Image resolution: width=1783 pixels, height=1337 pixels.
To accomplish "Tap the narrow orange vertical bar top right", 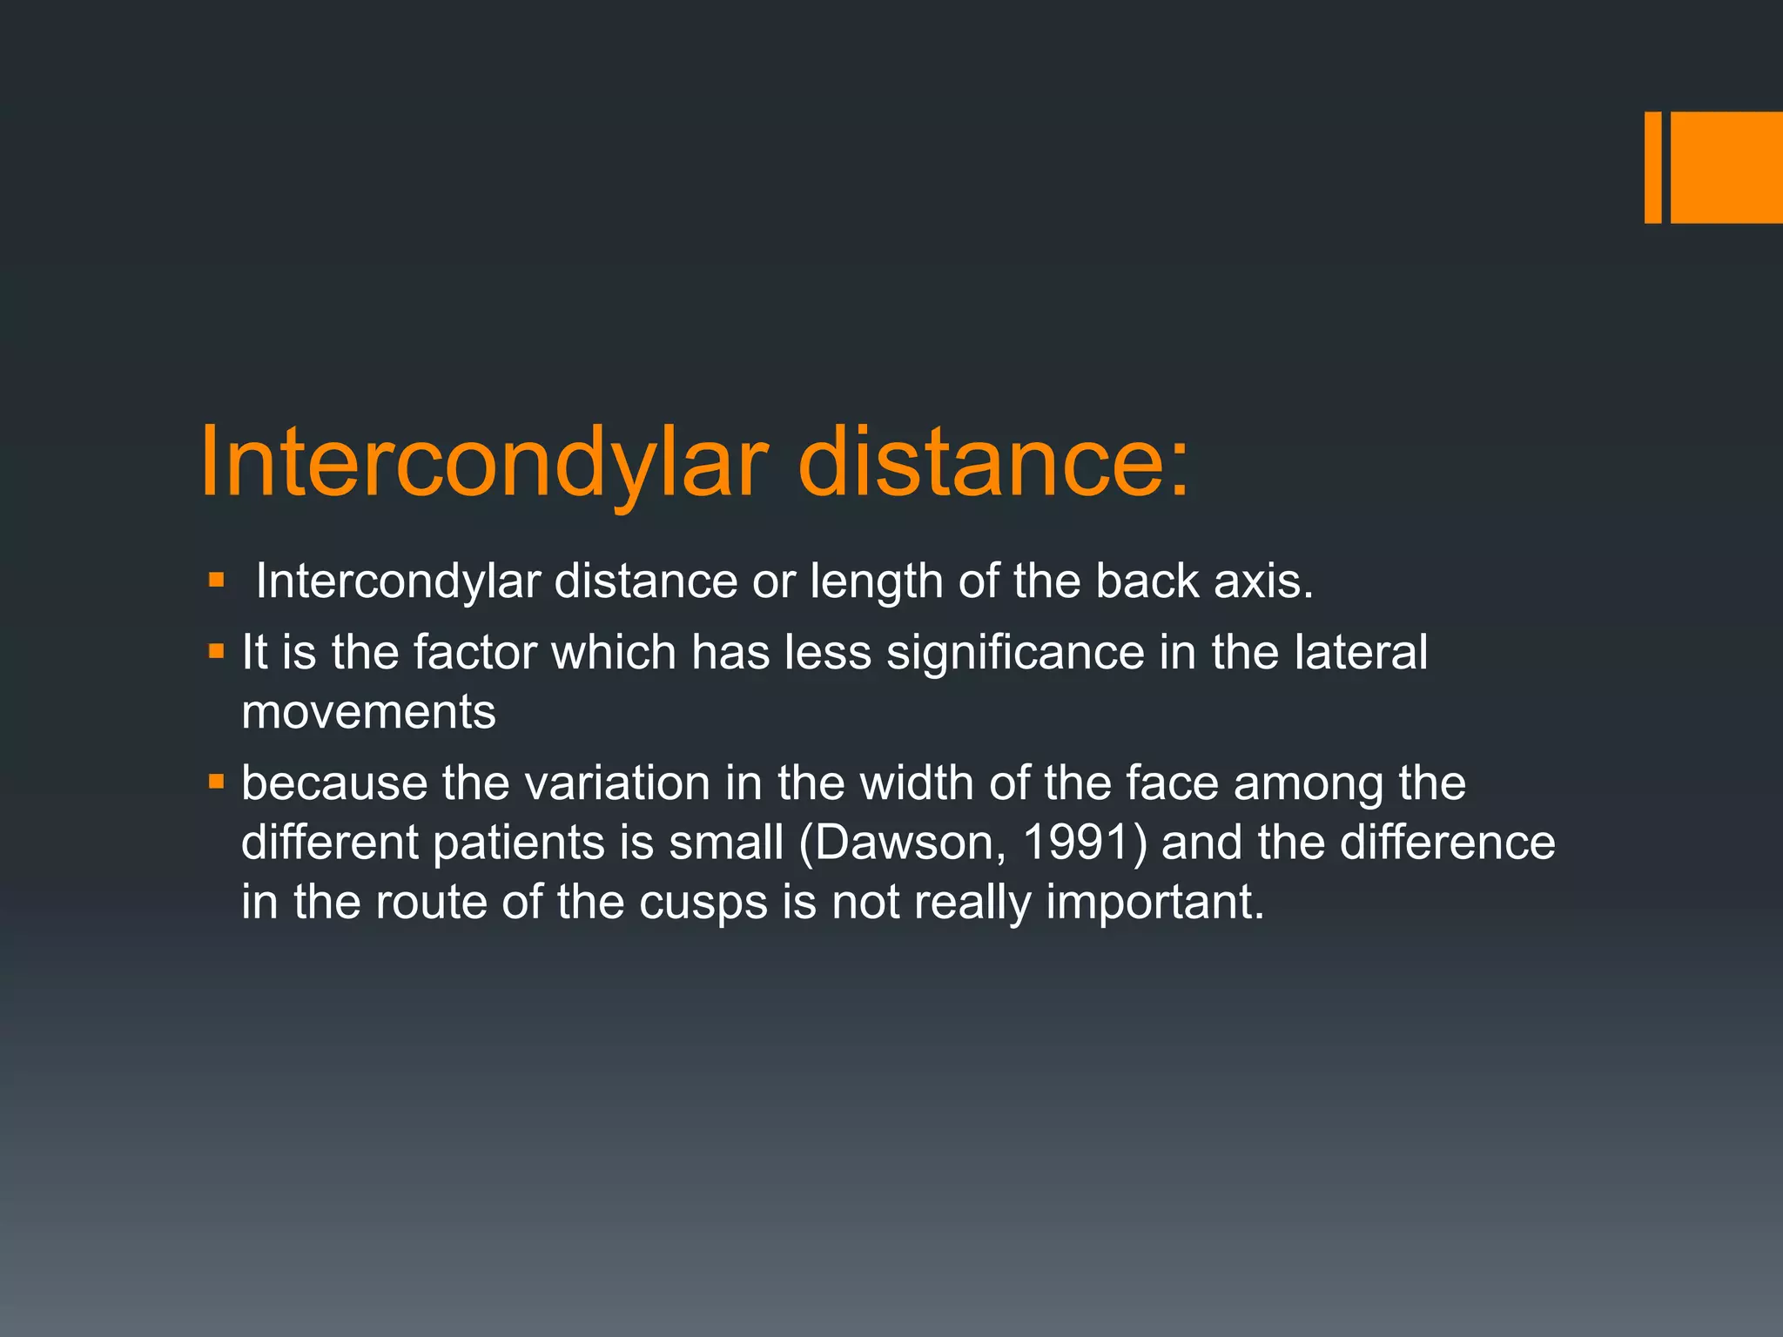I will coord(1652,167).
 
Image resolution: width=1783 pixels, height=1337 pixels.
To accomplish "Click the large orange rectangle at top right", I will coord(1726,167).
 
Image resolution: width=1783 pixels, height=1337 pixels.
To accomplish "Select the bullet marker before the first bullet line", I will coord(217,579).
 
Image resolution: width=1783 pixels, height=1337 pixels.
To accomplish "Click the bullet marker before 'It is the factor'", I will coord(217,650).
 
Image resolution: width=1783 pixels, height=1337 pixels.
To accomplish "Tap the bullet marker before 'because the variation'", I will coord(217,781).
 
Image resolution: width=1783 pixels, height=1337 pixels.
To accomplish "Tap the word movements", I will coord(368,712).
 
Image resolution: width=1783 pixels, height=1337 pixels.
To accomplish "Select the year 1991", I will coord(1077,843).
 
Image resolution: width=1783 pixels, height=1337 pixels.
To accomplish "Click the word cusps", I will coord(703,903).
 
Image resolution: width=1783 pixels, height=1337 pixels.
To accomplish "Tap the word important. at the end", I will coord(1154,903).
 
